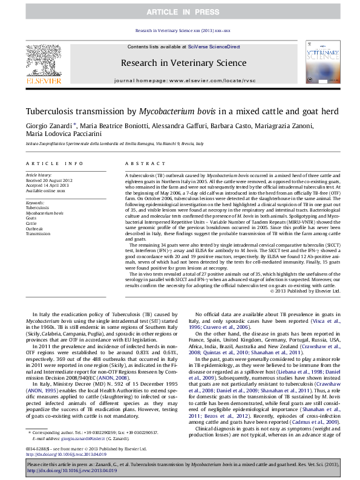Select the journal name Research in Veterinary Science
tap(179, 62)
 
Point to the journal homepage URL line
tap(179, 80)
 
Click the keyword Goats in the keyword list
tap(33, 218)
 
